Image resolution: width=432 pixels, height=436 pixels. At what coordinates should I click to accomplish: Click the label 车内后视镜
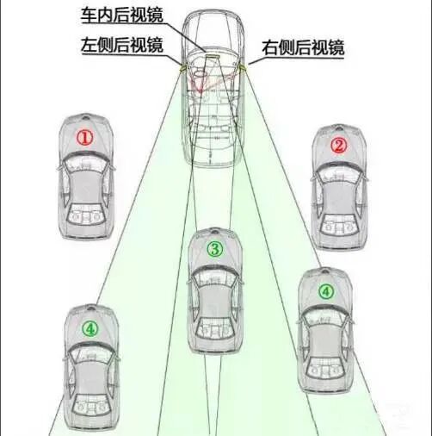[122, 15]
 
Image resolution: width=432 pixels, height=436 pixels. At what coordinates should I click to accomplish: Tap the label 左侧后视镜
[122, 45]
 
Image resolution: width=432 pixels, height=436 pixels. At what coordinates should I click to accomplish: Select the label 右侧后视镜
[303, 47]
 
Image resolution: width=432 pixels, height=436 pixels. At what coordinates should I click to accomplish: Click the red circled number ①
[84, 138]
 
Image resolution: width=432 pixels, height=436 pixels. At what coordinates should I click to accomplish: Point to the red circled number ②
[338, 146]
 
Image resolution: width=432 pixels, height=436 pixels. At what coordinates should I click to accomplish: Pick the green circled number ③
[215, 249]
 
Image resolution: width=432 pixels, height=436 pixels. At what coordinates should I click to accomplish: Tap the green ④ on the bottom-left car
[90, 329]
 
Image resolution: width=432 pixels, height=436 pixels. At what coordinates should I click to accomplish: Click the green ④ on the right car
[326, 292]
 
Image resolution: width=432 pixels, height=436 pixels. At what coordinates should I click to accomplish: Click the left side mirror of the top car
[182, 68]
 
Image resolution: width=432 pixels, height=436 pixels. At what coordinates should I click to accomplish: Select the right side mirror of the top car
[243, 67]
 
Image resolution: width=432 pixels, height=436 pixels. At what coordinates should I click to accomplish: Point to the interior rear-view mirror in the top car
[213, 56]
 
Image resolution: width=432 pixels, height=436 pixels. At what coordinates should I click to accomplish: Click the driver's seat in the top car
[200, 76]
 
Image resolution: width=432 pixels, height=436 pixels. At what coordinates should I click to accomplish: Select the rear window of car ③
[215, 329]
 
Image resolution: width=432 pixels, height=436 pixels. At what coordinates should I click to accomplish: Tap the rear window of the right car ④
[325, 373]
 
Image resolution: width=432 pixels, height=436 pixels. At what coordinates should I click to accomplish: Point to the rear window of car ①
[86, 215]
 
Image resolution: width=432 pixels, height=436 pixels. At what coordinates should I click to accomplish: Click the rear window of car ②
[340, 225]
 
